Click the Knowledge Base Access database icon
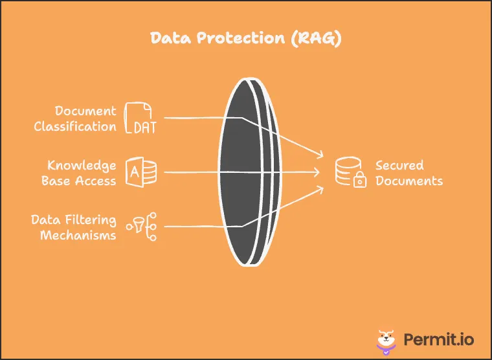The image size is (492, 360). click(x=140, y=172)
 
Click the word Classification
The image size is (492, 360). click(x=75, y=126)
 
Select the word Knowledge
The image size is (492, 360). click(x=82, y=166)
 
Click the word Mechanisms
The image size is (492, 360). click(x=78, y=236)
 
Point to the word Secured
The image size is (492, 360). click(x=399, y=165)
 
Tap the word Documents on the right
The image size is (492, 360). click(x=409, y=181)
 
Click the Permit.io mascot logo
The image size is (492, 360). click(x=387, y=340)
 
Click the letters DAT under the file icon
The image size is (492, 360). click(x=144, y=127)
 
